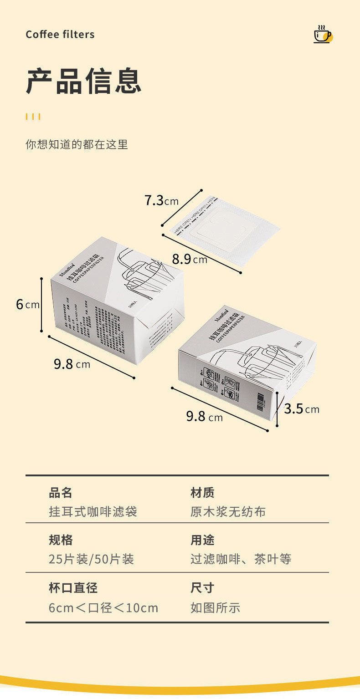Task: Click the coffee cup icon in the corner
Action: [x=323, y=35]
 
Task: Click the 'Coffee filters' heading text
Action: [x=60, y=35]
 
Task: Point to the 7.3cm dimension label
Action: [x=161, y=200]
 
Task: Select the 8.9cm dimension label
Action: [x=189, y=260]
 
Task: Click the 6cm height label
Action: [x=28, y=304]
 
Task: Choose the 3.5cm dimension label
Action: [x=301, y=408]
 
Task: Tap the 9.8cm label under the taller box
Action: [x=72, y=364]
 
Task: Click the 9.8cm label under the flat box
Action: [x=204, y=417]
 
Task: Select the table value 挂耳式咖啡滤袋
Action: [x=93, y=512]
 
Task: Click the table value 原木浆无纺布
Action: [x=228, y=512]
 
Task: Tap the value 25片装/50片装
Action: [x=91, y=559]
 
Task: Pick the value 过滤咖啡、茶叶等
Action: [x=241, y=559]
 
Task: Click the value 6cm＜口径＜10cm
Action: [x=103, y=607]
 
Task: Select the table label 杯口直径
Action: [x=73, y=587]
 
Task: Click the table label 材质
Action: [x=202, y=493]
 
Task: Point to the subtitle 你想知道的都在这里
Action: [x=77, y=144]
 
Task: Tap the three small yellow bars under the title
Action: [x=33, y=117]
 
